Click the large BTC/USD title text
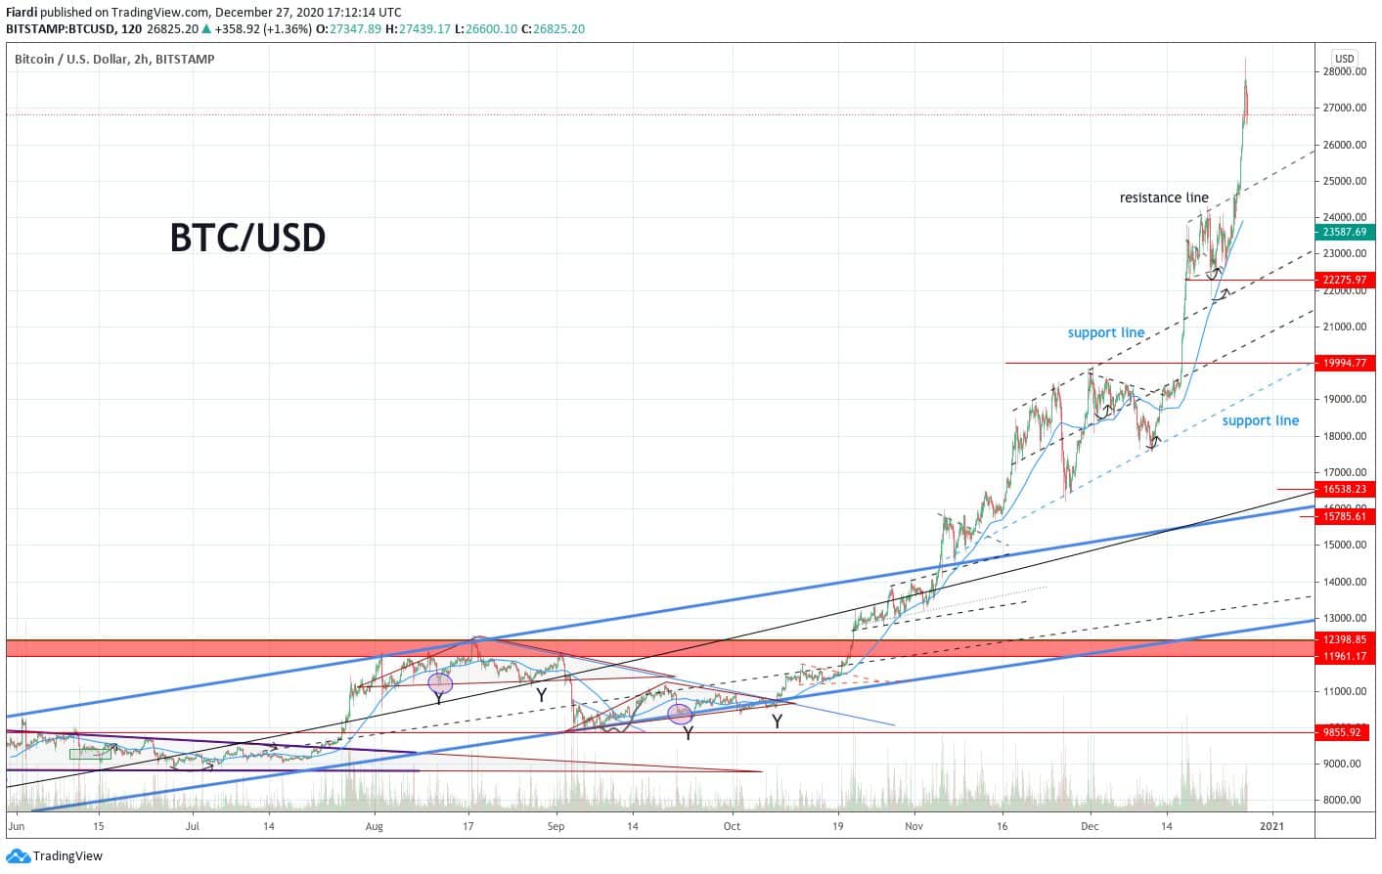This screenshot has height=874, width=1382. [247, 238]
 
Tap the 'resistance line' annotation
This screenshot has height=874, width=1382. [1164, 197]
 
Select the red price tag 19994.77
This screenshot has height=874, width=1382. [1345, 363]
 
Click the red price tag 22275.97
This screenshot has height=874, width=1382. [1345, 280]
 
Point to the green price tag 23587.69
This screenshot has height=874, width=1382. [1345, 232]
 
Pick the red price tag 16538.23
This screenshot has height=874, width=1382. [1345, 489]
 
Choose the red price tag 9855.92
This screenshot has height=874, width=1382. [1345, 731]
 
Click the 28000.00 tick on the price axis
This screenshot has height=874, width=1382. [1344, 71]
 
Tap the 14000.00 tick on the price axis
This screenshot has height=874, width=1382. [1344, 582]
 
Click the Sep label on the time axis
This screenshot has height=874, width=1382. [557, 826]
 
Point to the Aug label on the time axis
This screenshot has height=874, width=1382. [374, 826]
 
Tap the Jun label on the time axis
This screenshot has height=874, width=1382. [15, 826]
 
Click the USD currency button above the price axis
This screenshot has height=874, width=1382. [1344, 58]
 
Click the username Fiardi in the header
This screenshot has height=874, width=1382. [22, 13]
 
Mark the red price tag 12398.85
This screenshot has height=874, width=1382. [1345, 639]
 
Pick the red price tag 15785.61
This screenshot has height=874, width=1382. [1345, 516]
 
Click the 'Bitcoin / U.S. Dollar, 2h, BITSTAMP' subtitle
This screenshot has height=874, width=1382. [114, 59]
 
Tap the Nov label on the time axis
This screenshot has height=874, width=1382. [914, 826]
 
